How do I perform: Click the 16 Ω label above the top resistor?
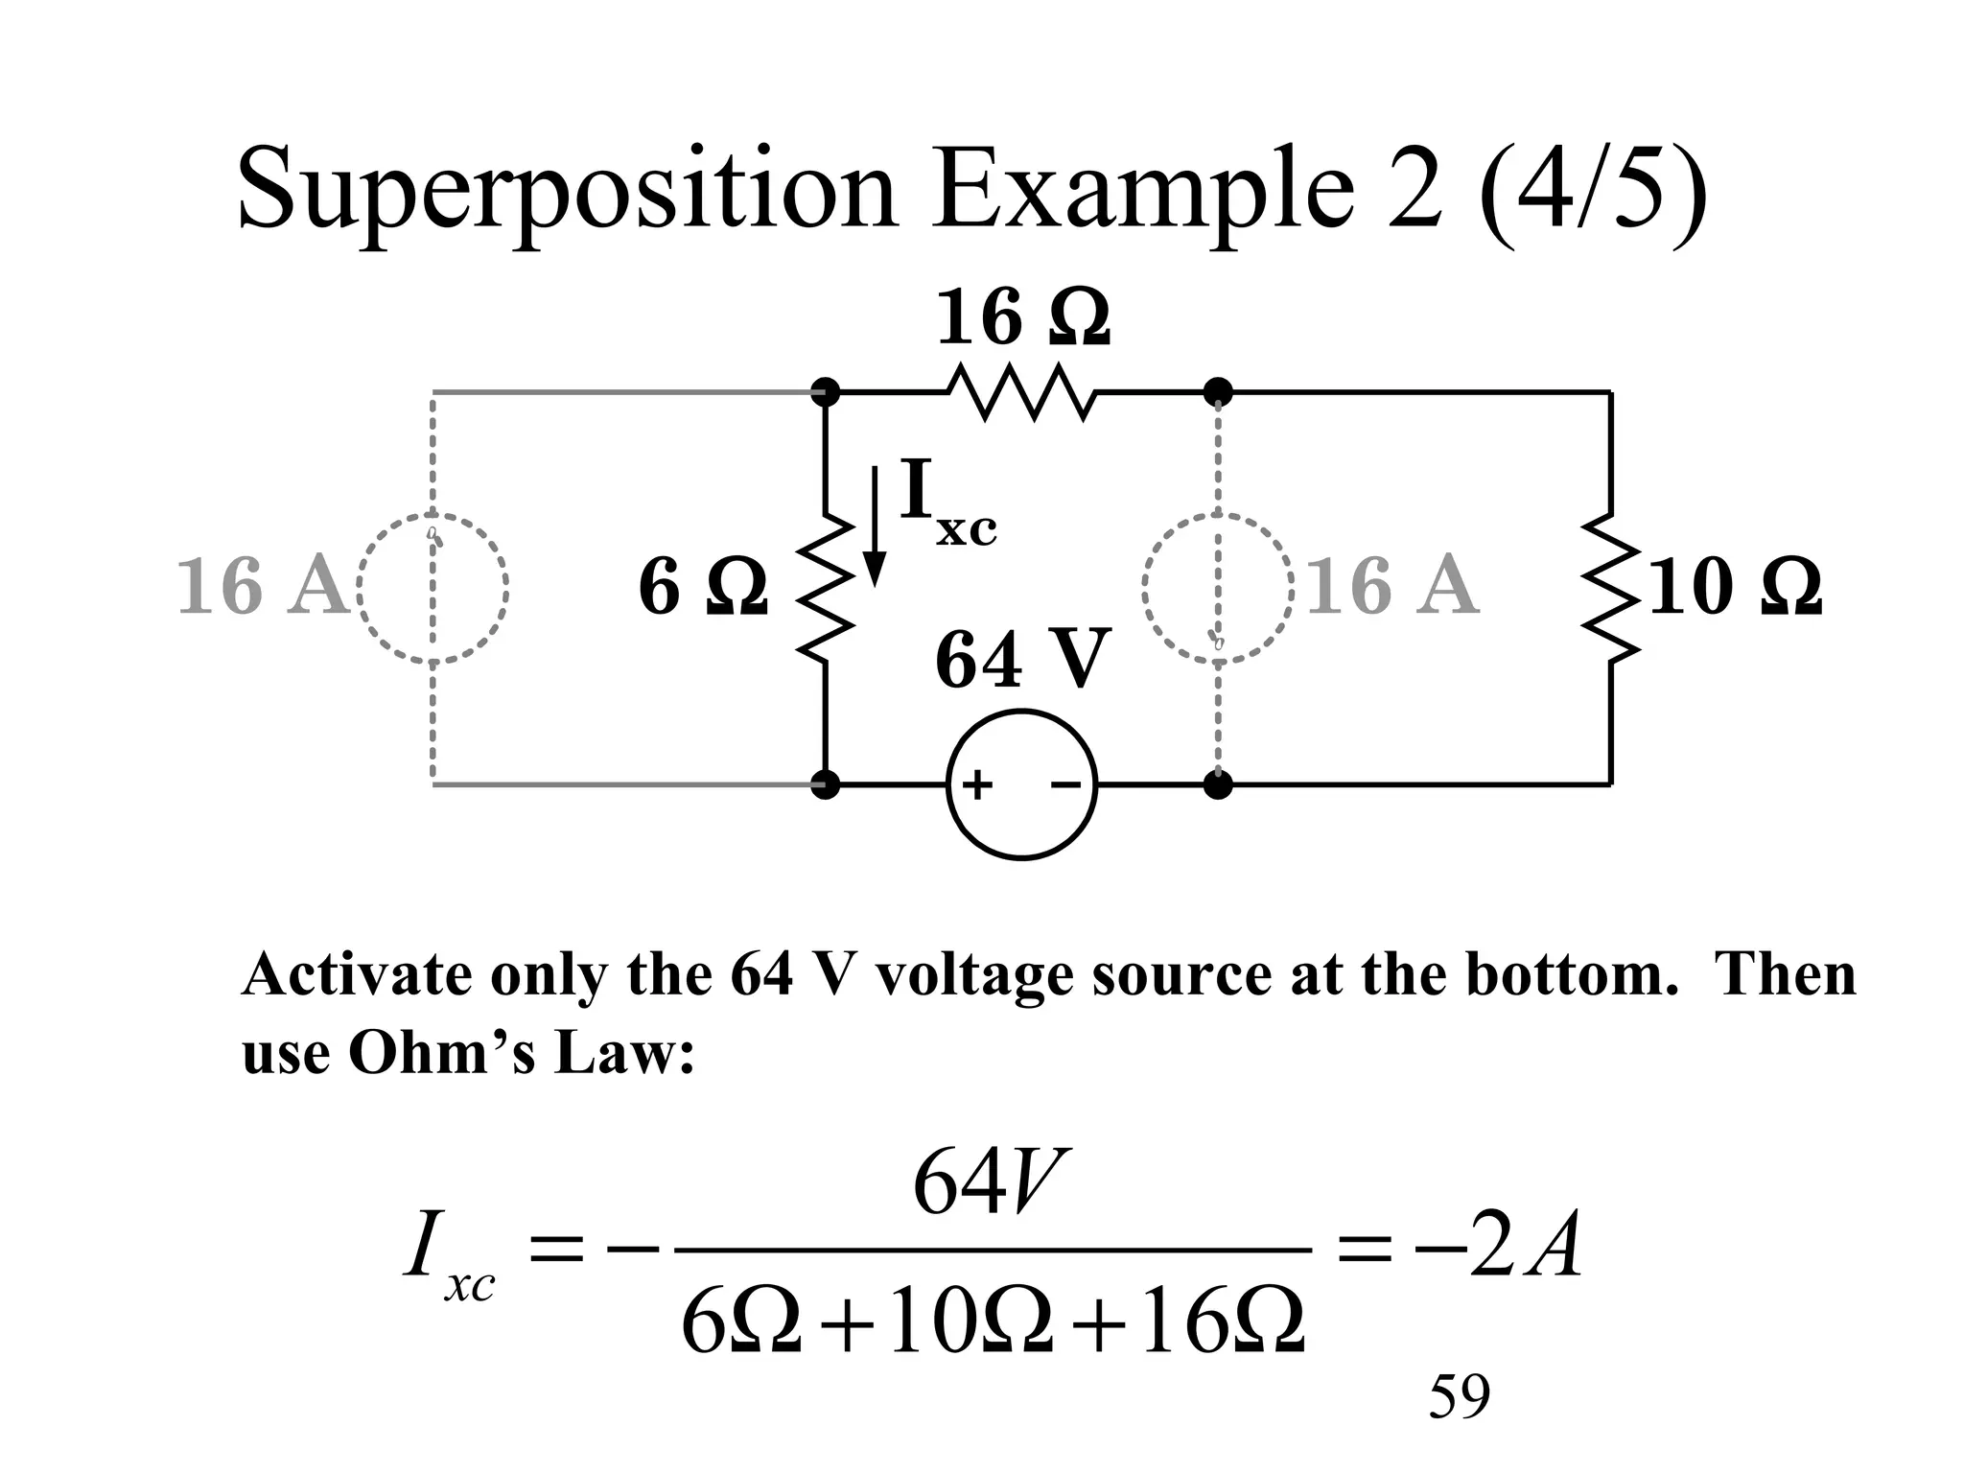pos(1022,318)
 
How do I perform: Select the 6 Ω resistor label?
pos(703,587)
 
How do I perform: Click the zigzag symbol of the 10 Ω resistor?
pos(1610,588)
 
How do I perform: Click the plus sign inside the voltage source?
pos(977,786)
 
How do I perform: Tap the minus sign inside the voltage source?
pos(1065,786)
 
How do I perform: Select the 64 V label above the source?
pos(1022,660)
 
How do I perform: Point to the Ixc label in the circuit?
pos(947,503)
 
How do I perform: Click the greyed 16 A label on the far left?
pos(261,587)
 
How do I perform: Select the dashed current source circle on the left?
pos(433,588)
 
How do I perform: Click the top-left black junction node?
pos(825,392)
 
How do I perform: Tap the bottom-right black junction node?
pos(1218,785)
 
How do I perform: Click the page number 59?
pos(1459,1396)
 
